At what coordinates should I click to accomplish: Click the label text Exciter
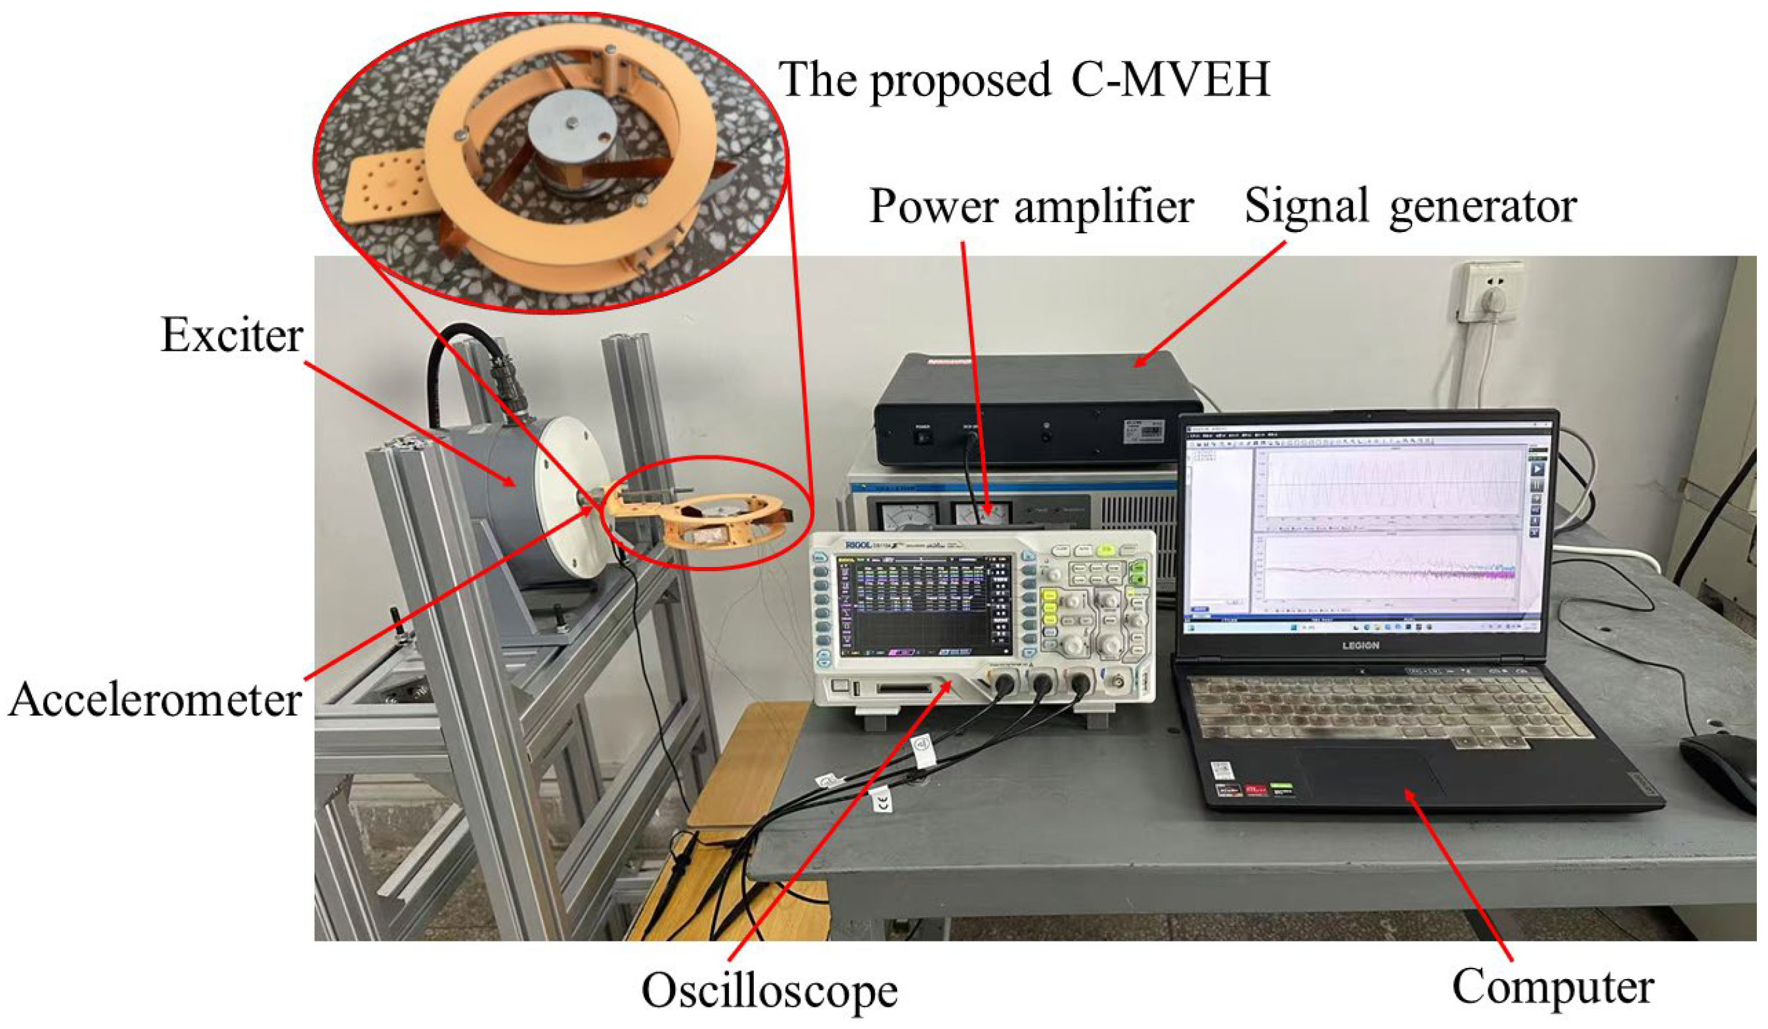pyautogui.click(x=232, y=336)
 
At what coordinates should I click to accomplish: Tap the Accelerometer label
pyautogui.click(x=155, y=700)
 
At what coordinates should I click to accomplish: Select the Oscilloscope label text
pyautogui.click(x=769, y=990)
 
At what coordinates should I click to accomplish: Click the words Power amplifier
pyautogui.click(x=1031, y=207)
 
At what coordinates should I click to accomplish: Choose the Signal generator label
pyautogui.click(x=1410, y=207)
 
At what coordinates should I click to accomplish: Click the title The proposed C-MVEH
pyautogui.click(x=1025, y=80)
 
